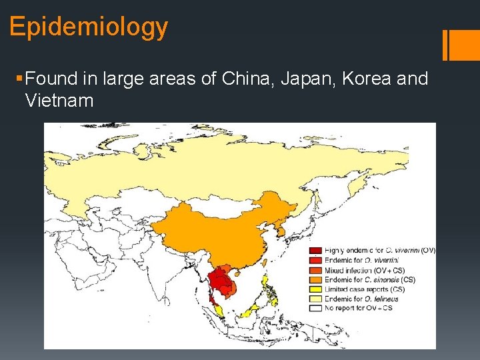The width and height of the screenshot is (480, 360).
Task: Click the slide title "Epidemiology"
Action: click(89, 27)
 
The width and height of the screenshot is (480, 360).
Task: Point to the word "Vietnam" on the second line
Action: click(59, 101)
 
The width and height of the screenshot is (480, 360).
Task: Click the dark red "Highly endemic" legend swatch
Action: click(315, 251)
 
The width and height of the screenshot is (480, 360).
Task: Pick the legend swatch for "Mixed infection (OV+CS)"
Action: click(315, 270)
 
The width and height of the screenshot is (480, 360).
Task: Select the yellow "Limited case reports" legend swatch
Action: click(315, 289)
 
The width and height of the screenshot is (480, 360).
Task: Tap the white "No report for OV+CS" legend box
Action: click(315, 308)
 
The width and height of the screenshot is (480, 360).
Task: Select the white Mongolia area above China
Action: click(220, 207)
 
